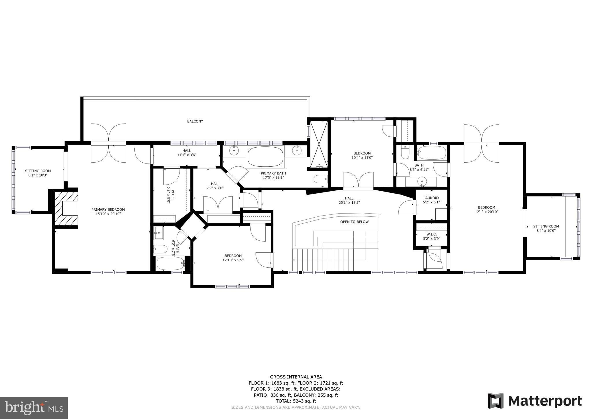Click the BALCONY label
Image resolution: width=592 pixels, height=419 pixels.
[195, 121]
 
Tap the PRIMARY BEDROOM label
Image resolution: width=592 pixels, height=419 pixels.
[108, 209]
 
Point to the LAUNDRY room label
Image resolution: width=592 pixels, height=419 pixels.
[431, 198]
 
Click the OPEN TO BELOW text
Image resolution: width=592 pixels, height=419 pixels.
[354, 222]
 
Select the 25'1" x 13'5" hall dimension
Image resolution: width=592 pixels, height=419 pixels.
[349, 203]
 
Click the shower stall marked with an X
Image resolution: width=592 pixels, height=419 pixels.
[319, 144]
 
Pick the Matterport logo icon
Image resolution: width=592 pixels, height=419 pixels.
[495, 401]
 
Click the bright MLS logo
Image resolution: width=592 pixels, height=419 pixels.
[34, 408]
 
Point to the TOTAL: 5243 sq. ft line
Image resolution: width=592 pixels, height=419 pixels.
[296, 401]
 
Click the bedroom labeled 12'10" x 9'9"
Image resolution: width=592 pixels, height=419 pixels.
[233, 258]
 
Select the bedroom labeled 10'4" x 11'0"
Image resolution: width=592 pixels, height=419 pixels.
[362, 155]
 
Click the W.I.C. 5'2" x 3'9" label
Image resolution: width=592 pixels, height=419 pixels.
[431, 236]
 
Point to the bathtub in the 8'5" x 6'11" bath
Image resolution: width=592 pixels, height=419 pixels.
[432, 153]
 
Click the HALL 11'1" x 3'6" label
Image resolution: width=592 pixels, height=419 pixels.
[187, 153]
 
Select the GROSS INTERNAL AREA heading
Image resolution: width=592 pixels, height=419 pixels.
[296, 377]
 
